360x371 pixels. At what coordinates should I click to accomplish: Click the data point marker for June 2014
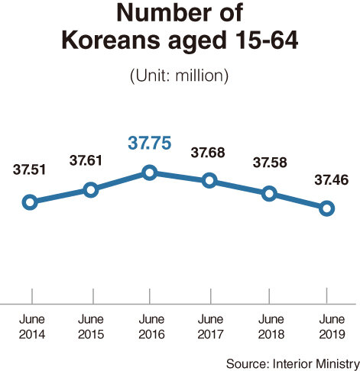(30, 202)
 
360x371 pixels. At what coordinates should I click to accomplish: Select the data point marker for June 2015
(90, 189)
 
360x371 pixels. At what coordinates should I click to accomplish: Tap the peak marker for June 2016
(150, 173)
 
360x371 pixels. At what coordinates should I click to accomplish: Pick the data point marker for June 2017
(209, 181)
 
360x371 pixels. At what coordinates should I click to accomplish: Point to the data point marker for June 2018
(269, 193)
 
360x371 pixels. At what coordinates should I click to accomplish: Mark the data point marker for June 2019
(327, 208)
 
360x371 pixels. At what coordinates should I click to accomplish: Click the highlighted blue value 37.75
(151, 143)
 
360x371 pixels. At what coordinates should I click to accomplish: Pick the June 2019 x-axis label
(329, 327)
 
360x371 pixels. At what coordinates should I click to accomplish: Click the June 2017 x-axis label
(209, 327)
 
